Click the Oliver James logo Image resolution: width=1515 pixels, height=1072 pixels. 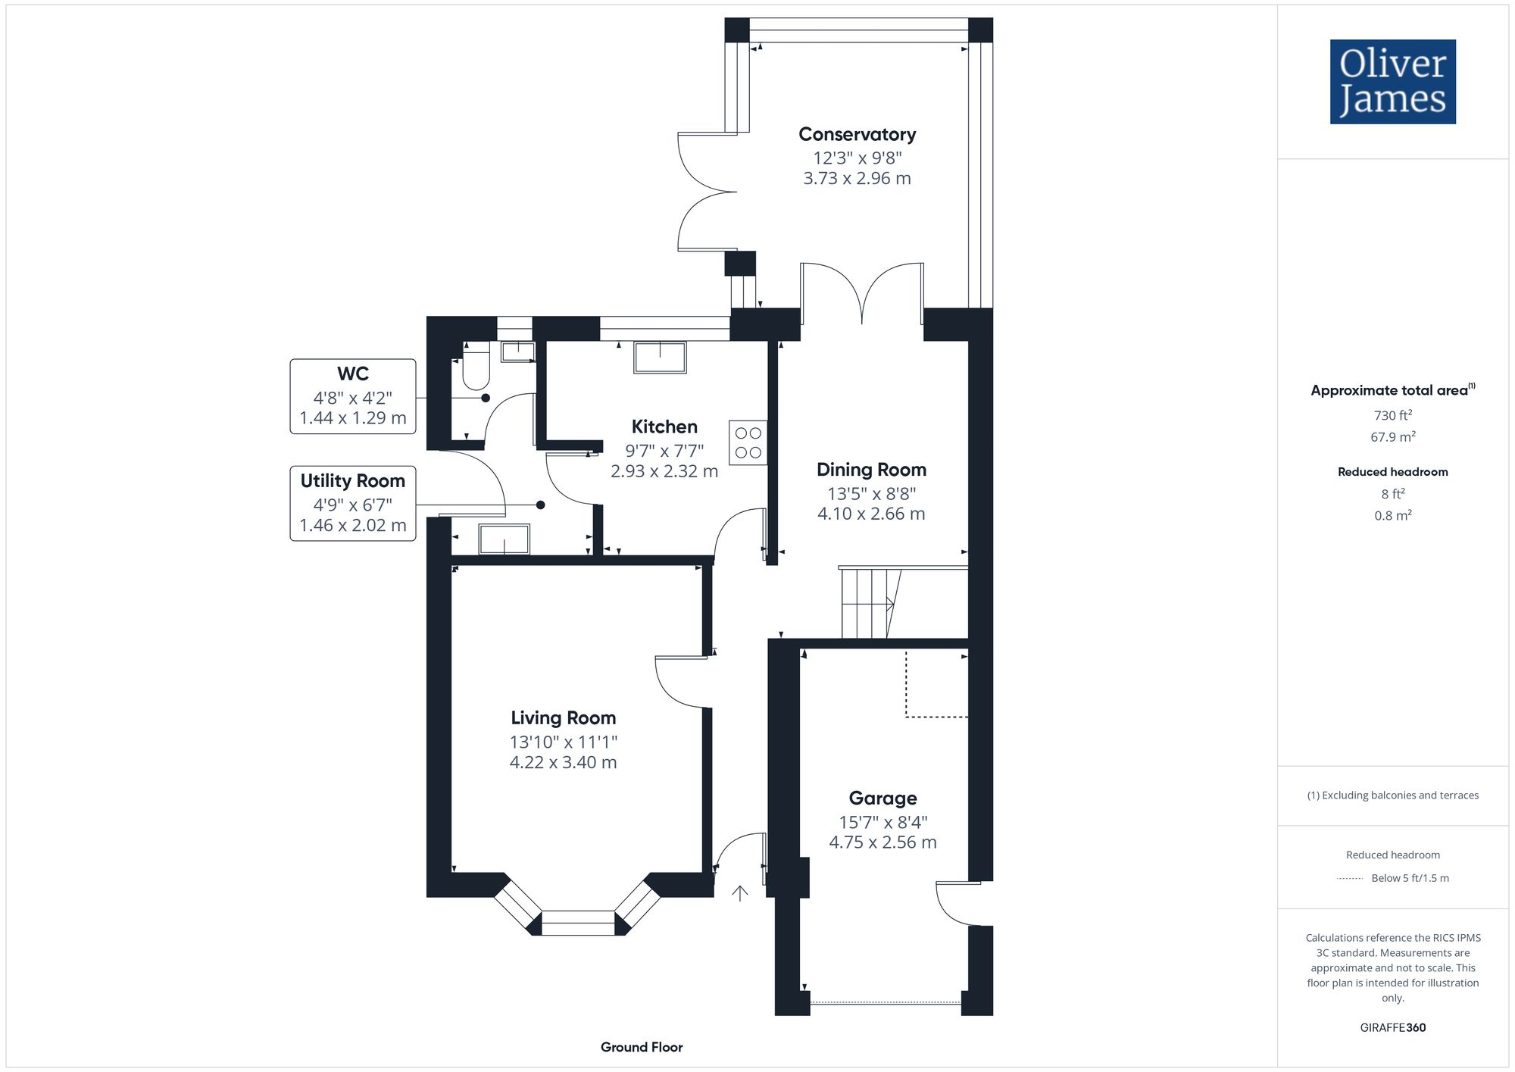coord(1392,82)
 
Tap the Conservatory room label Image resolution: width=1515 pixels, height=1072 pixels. coord(857,135)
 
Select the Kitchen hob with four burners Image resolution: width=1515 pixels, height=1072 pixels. coord(748,442)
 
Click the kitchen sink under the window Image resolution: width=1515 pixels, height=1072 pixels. coord(660,357)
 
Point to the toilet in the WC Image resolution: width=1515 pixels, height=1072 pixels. coord(476,370)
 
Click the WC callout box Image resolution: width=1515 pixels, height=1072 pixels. coord(353,396)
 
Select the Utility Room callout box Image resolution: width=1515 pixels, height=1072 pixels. coord(353,503)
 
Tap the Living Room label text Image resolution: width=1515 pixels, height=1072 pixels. coord(563,717)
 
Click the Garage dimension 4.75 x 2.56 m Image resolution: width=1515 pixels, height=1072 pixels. coord(882,842)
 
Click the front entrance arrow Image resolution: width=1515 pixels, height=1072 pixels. coord(740,893)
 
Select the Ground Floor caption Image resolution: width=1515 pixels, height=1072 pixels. coord(642,1047)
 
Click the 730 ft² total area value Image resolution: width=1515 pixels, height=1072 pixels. coord(1392,415)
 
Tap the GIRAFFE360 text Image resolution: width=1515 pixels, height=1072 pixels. coord(1392,1027)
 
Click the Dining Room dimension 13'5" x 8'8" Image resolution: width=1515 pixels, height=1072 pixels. coord(871,494)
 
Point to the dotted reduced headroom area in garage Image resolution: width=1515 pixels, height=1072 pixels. coord(937,683)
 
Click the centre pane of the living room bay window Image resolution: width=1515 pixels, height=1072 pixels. coord(578,923)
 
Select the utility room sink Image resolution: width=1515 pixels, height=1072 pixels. coord(504,539)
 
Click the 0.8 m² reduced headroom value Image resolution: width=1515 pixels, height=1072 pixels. coord(1392,515)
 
